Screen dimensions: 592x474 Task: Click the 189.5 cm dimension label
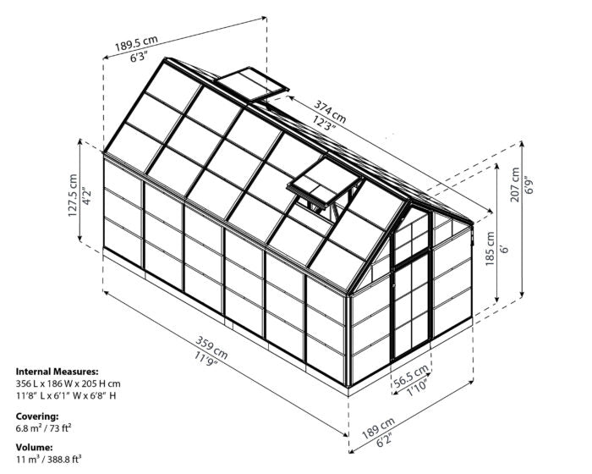point(136,42)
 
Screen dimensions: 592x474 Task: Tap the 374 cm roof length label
point(330,111)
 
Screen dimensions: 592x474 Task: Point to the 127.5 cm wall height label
point(73,195)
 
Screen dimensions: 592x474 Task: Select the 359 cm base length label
point(211,347)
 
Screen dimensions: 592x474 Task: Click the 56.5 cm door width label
point(411,375)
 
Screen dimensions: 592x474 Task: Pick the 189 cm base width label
point(378,428)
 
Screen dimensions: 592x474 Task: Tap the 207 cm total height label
point(515,185)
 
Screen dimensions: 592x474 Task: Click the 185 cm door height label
point(490,248)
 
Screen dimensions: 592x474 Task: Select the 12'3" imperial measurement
point(324,122)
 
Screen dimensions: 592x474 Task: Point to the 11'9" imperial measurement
point(206,359)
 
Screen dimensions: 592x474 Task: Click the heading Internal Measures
point(57,372)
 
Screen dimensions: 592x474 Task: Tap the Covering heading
point(37,416)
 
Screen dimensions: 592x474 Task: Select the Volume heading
point(35,447)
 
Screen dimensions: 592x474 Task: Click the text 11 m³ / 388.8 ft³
point(49,460)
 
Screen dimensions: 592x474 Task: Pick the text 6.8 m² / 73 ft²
point(44,428)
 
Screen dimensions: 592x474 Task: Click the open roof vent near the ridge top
point(251,84)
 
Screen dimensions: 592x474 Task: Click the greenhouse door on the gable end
point(412,287)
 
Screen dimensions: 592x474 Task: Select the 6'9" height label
point(530,185)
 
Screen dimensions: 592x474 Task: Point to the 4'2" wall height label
point(86,196)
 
